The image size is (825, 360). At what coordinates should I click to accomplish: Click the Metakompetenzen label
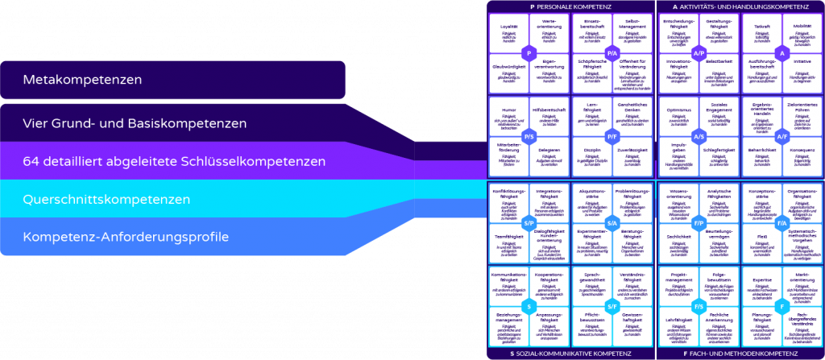tap(82, 81)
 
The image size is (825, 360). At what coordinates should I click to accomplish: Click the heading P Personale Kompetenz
tap(570, 6)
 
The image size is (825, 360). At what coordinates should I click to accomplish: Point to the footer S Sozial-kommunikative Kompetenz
tap(570, 354)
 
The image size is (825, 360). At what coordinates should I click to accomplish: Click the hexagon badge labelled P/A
tap(612, 52)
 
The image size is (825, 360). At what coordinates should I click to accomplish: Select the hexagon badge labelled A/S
tap(697, 137)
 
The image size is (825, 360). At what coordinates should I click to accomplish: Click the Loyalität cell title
tap(508, 25)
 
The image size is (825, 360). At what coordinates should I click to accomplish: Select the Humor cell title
tap(508, 110)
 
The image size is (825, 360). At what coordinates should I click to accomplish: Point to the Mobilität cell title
tap(803, 25)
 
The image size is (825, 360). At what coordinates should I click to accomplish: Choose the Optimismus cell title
tap(678, 110)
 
